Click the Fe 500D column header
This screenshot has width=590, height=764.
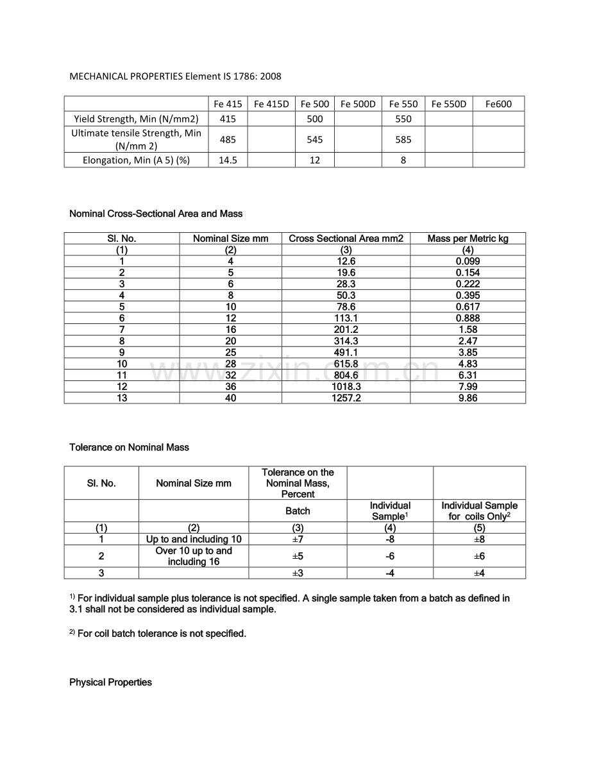point(358,104)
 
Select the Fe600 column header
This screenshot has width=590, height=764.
point(498,104)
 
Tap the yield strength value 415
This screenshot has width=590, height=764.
point(228,119)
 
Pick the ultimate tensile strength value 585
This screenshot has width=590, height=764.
point(403,139)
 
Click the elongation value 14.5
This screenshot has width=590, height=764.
point(228,160)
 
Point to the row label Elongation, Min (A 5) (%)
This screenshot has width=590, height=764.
point(137,160)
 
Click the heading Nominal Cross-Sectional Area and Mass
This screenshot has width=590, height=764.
point(156,214)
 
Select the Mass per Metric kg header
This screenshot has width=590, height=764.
point(468,239)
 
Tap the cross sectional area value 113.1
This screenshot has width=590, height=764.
point(346,318)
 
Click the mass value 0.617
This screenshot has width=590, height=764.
point(468,307)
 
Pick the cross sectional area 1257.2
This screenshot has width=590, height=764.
point(346,398)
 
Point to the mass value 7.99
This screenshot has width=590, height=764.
point(468,386)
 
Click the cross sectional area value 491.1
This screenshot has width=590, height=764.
point(346,352)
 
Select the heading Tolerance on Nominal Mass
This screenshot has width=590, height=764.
point(129,447)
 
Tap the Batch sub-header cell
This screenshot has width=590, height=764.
point(298,511)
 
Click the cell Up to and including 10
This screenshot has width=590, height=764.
point(194,539)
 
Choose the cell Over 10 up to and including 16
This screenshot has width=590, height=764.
point(194,556)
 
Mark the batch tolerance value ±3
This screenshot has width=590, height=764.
point(298,573)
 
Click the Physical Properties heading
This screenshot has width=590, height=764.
point(110,682)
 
